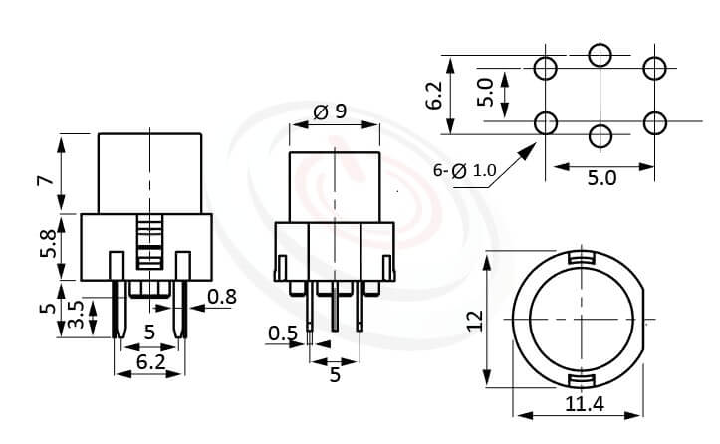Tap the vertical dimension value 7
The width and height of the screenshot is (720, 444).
tap(43, 180)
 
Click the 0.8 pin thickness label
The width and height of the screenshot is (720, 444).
tap(223, 295)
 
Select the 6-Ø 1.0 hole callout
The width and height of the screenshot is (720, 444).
tap(464, 171)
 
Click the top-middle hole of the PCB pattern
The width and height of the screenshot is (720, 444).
tap(600, 55)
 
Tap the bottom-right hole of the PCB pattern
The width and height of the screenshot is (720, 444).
tap(654, 122)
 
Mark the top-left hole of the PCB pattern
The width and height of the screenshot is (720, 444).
tap(546, 68)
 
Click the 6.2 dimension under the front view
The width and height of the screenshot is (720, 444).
tap(149, 363)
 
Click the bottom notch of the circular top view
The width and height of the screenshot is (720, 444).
tap(580, 382)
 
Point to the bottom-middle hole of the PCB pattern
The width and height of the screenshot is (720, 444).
tap(600, 135)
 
